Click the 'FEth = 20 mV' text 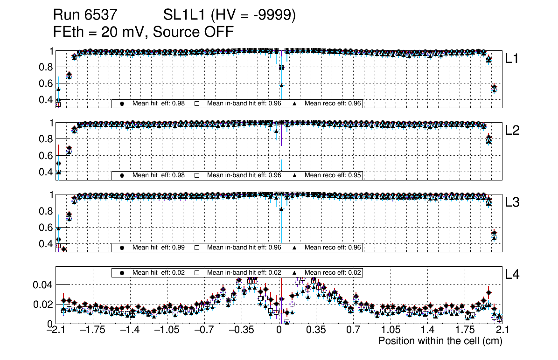click(99, 32)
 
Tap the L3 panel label click(512, 202)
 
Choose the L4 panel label click(512, 275)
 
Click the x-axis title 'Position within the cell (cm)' click(440, 341)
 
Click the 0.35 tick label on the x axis click(316, 330)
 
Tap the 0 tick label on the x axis click(279, 330)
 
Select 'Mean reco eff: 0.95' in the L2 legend click(333, 175)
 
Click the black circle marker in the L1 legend click(122, 104)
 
